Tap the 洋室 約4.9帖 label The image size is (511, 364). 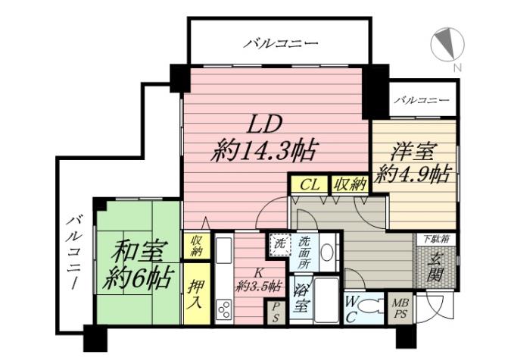click(x=413, y=162)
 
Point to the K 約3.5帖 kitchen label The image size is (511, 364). click(x=258, y=280)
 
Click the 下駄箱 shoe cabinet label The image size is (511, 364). click(x=436, y=239)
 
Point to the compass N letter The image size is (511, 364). click(x=456, y=68)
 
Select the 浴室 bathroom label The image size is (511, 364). click(x=300, y=300)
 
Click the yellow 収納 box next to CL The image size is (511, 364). click(x=348, y=184)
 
